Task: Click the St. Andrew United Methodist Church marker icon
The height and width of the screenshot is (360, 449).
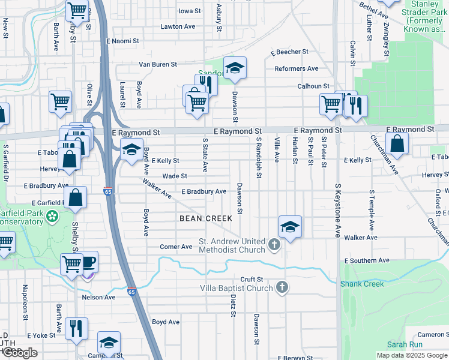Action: point(274,244)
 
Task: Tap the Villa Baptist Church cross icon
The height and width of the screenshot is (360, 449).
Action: point(282,287)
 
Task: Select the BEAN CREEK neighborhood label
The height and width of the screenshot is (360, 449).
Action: point(206,218)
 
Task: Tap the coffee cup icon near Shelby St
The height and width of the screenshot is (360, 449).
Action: point(88,262)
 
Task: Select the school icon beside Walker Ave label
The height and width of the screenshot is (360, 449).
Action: point(290,226)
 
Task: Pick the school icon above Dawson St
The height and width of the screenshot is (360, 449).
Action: point(235,68)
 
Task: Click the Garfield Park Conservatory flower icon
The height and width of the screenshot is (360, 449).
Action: point(53,215)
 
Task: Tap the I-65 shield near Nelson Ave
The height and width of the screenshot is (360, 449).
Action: point(131,292)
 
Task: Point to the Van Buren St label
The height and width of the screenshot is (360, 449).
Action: point(158,64)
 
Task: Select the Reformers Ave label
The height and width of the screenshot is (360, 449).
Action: point(296,69)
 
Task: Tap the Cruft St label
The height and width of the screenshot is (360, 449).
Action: point(252,279)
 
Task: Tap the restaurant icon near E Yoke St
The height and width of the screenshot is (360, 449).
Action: point(76,328)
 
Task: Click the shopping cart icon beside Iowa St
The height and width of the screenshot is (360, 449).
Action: point(77,10)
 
